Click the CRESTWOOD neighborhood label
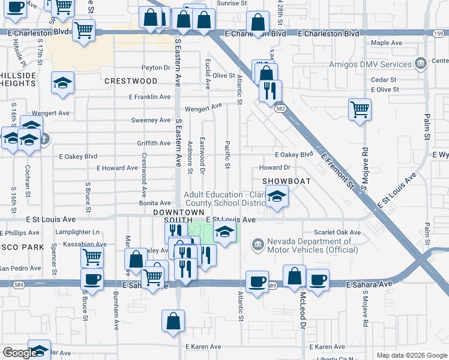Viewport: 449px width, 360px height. click(x=131, y=80)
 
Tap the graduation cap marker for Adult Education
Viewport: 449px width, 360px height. click(x=277, y=197)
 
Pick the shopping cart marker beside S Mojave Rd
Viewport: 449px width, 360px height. click(x=360, y=109)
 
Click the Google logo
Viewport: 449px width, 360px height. click(x=19, y=353)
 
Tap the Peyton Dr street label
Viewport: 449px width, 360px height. click(x=157, y=68)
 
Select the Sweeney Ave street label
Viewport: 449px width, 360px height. click(x=151, y=120)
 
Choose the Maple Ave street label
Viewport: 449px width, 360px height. click(x=387, y=43)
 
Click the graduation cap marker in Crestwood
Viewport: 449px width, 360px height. click(x=62, y=84)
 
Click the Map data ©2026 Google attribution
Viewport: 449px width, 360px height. click(x=412, y=355)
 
